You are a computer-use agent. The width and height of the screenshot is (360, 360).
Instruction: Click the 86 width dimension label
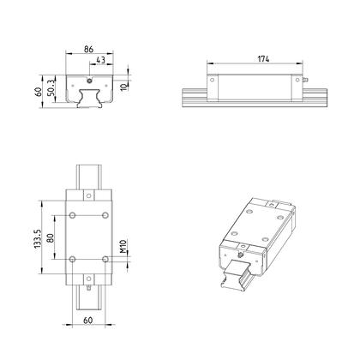tap(88, 49)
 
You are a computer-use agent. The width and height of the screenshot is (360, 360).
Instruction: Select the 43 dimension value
tap(100, 60)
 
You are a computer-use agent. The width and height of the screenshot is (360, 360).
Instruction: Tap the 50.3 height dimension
tap(51, 87)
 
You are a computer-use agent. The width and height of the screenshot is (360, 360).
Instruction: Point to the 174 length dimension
tap(263, 59)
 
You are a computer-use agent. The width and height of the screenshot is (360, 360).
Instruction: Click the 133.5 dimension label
tap(38, 238)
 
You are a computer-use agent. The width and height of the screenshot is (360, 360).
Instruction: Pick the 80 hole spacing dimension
tap(51, 237)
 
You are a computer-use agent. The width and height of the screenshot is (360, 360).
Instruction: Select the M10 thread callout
tap(123, 246)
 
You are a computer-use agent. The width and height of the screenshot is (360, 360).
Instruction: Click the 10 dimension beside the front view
tap(123, 87)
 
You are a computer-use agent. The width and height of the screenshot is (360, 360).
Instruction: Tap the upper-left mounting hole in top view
tap(72, 215)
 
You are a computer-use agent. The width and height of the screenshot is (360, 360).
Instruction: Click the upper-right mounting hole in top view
tap(105, 215)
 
